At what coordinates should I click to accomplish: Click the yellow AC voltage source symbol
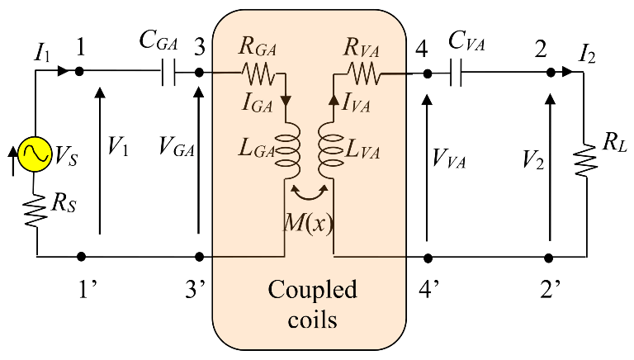(x=37, y=153)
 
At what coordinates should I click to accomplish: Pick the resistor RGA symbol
(x=257, y=73)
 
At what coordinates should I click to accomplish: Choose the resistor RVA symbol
(x=363, y=73)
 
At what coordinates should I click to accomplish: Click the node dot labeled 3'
(x=198, y=257)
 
